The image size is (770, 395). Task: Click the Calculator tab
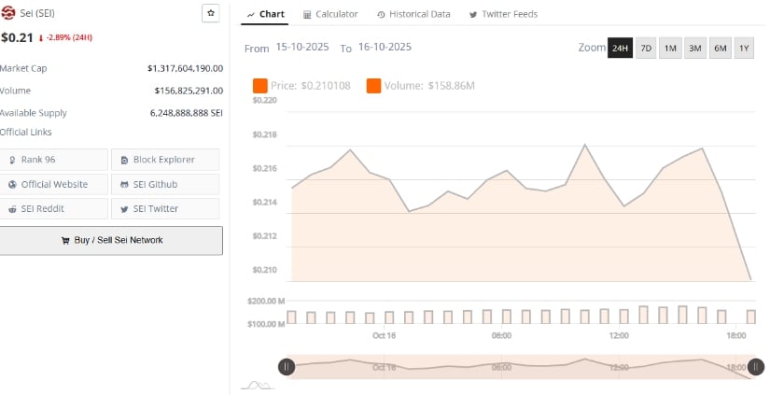point(331,14)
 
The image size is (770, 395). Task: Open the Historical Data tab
point(414,14)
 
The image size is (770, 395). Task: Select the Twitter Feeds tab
point(503,14)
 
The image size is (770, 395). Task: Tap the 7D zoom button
point(646,48)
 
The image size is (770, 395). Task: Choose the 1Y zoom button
point(744,48)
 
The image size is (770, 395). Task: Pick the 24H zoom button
point(620,48)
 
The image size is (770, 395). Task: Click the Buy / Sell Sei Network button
point(111,240)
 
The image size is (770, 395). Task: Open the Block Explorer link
point(165,160)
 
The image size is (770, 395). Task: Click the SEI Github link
point(165,184)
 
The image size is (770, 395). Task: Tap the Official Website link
point(54,184)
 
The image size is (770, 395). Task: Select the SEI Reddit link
point(54,208)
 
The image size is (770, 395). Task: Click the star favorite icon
point(211,13)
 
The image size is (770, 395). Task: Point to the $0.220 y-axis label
point(265,100)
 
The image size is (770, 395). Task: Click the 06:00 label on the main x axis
point(501,335)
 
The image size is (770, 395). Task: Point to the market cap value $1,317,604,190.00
point(185,68)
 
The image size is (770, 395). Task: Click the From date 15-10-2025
point(303,48)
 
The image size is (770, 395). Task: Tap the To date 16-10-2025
point(385,48)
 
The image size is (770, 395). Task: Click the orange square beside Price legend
point(260,86)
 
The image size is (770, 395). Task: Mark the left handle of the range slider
point(287,367)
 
